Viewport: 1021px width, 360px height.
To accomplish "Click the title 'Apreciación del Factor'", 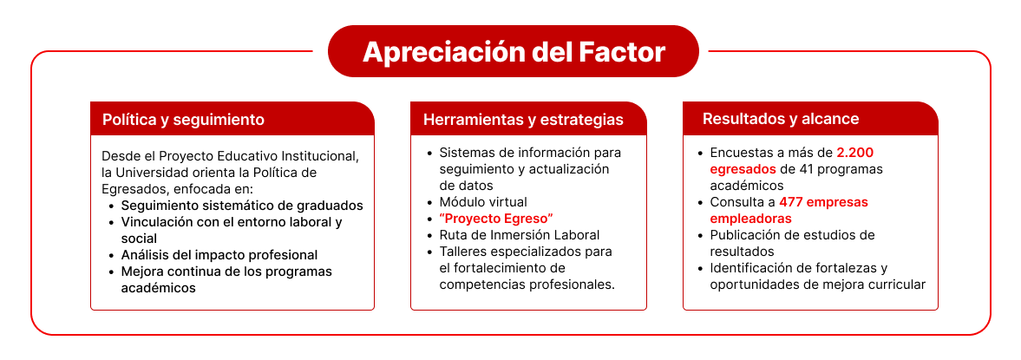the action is point(514,52).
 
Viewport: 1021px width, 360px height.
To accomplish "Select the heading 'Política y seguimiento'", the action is point(183,120).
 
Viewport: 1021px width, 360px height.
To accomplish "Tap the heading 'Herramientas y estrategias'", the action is point(523,120).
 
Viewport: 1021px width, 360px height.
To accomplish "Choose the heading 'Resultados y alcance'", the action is point(780,119).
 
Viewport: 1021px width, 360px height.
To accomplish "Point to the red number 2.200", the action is point(854,153).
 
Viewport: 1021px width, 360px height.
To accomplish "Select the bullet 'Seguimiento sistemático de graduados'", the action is point(242,205).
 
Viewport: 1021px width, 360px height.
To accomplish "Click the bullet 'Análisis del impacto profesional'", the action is point(219,254).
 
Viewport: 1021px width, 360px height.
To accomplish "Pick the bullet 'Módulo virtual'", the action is point(483,201).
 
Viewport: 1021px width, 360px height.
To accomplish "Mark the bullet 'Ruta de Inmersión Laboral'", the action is point(519,234).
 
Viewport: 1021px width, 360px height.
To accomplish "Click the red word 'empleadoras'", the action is point(750,218).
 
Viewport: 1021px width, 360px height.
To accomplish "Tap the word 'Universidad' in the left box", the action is point(155,173).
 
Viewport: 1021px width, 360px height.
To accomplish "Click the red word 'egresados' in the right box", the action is point(743,169).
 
